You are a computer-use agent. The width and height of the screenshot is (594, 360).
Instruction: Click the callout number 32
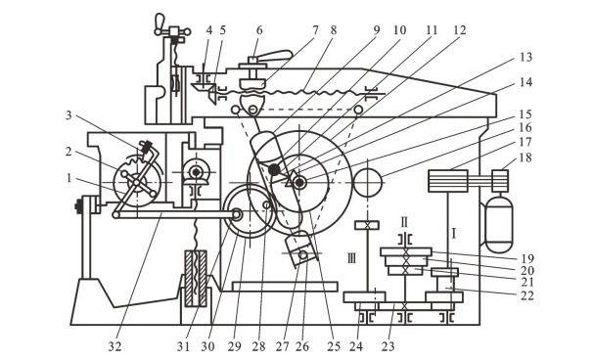coord(114,346)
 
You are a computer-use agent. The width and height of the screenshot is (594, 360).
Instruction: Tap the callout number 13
coord(525,57)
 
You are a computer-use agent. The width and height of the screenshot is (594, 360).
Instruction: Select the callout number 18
coord(525,157)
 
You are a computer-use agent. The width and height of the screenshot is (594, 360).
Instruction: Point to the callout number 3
coord(69,115)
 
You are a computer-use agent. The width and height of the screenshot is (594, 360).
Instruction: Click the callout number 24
coord(356,346)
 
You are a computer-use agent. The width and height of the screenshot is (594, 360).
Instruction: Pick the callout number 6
coord(259,30)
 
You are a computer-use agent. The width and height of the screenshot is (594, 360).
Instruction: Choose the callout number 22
coord(526,295)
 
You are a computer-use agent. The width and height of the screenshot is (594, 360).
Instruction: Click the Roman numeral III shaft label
coord(351,259)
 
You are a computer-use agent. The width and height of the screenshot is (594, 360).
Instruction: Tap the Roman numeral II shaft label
coord(404,222)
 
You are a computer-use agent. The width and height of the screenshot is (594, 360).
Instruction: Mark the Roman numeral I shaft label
coord(454,234)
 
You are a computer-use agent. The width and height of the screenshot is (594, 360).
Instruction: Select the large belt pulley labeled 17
coord(448,181)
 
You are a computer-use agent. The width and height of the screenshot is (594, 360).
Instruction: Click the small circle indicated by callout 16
coord(368,183)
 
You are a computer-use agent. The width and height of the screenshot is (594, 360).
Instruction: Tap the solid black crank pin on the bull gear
coord(274,169)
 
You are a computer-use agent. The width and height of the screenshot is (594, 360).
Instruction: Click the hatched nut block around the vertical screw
coord(196,278)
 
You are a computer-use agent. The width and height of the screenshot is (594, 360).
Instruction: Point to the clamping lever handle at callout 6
coord(276,56)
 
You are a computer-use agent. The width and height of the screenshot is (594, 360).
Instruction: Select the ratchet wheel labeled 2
coord(137,183)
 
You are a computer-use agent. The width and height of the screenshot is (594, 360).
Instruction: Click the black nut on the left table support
coord(78,206)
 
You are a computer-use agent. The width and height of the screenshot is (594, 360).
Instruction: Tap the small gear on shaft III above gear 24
coord(367,225)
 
